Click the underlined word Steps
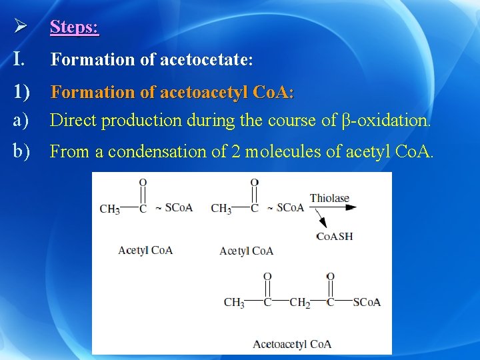[74, 27]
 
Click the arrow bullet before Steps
[20, 27]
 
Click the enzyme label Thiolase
[329, 198]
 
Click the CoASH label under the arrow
[334, 237]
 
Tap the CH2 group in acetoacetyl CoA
[300, 303]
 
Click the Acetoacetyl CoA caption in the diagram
[292, 344]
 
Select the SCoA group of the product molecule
[367, 303]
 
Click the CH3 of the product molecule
[234, 303]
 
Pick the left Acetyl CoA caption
[145, 250]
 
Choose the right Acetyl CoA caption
[246, 251]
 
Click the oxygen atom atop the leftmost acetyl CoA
[143, 181]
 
